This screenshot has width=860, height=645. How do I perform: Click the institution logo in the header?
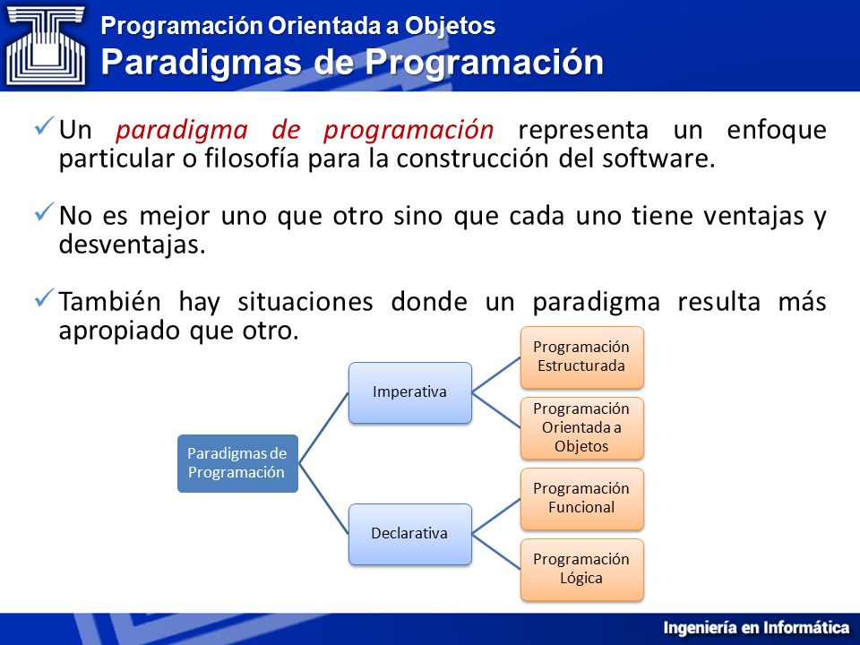click(46, 45)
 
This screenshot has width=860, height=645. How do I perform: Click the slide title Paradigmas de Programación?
click(352, 62)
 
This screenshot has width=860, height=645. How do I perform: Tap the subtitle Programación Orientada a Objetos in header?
click(297, 26)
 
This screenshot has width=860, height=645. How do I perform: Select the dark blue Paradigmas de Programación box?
click(237, 463)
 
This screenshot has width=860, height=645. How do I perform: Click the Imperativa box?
click(409, 392)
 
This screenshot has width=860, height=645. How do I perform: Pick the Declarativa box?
click(409, 534)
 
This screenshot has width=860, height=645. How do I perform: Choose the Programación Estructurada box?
click(581, 357)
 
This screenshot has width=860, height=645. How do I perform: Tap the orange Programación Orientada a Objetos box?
click(581, 428)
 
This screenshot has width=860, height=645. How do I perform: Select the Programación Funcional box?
click(581, 499)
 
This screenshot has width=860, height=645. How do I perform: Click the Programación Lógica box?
click(581, 570)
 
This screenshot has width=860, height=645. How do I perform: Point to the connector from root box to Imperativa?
click(323, 428)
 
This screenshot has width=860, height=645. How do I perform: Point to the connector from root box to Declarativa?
click(323, 499)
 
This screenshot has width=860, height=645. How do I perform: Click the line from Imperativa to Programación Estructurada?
click(495, 374)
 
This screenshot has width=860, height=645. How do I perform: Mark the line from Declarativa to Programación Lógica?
click(495, 552)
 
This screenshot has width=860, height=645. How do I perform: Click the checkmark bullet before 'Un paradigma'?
click(45, 125)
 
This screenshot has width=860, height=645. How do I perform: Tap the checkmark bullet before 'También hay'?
click(45, 297)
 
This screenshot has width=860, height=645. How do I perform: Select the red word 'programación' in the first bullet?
click(408, 131)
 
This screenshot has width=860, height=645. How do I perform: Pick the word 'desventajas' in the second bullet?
click(132, 245)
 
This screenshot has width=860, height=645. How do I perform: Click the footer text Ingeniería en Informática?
click(756, 627)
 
